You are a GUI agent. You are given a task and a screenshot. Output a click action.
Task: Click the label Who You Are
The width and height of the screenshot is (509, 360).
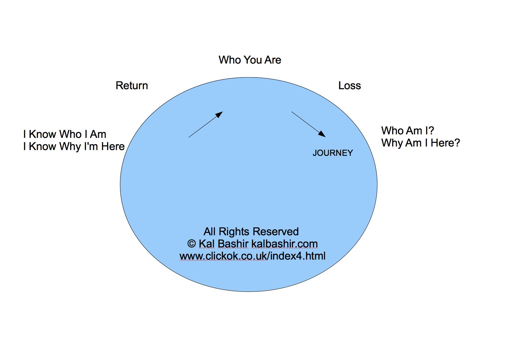click(250, 60)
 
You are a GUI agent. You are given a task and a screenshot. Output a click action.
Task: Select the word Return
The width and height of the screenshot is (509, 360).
click(132, 86)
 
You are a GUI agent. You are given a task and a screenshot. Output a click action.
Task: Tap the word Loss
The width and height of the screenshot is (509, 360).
click(349, 86)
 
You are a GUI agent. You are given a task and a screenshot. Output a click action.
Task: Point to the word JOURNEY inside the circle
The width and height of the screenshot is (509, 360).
click(333, 153)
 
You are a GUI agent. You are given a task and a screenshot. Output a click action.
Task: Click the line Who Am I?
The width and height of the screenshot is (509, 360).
click(408, 131)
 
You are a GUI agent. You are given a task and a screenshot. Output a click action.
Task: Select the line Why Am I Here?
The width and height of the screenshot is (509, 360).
click(420, 143)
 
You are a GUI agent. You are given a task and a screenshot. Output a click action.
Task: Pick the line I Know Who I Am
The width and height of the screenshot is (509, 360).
click(65, 134)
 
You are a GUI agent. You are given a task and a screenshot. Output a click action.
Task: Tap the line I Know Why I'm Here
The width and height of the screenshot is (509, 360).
click(74, 146)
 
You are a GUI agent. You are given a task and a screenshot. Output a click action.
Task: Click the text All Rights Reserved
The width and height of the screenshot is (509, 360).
click(251, 232)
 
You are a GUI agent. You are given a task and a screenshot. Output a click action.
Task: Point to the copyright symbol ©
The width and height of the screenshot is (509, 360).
click(191, 244)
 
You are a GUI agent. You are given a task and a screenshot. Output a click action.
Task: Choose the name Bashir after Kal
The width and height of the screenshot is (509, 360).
click(233, 244)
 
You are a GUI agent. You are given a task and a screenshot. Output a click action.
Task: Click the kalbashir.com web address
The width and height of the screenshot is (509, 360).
click(284, 244)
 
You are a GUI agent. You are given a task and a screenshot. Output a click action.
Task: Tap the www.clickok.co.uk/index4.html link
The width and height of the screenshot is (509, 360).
click(252, 256)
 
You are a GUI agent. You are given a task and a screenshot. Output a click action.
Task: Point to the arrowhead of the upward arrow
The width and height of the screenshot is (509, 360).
click(219, 114)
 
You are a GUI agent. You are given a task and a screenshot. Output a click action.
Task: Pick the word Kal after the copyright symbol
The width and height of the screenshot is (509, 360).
click(206, 244)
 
